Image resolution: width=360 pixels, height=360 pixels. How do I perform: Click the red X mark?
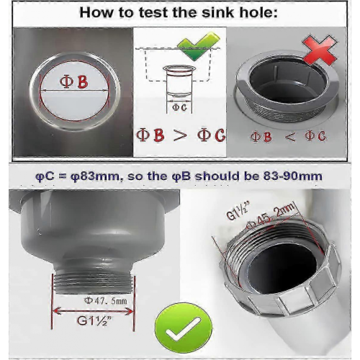[x=320, y=51]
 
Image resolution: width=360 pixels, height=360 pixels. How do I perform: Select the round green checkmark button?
[x=184, y=328]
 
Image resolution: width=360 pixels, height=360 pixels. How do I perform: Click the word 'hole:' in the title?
[x=258, y=12]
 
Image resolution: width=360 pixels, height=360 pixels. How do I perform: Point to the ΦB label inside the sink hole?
[x=74, y=81]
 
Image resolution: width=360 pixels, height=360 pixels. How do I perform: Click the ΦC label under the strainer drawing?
[x=179, y=107]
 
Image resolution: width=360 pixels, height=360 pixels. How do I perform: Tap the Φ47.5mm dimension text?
[x=105, y=301]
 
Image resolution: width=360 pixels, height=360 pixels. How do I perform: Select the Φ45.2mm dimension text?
[x=271, y=215]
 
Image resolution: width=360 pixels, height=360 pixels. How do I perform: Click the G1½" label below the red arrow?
[x=94, y=320]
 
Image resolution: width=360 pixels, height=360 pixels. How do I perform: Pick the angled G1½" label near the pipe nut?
[x=238, y=211]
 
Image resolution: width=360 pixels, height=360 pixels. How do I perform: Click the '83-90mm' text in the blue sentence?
[x=293, y=176]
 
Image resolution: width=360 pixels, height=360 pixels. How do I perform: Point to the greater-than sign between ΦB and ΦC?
[x=180, y=135]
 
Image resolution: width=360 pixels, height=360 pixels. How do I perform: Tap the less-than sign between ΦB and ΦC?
[x=289, y=137]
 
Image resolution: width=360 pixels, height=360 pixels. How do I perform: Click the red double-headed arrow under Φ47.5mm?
[x=92, y=311]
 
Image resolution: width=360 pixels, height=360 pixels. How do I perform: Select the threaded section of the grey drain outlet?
[x=94, y=283]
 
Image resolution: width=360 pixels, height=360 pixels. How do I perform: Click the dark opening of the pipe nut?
[x=283, y=269]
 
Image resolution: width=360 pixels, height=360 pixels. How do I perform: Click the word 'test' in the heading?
[x=153, y=12]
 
